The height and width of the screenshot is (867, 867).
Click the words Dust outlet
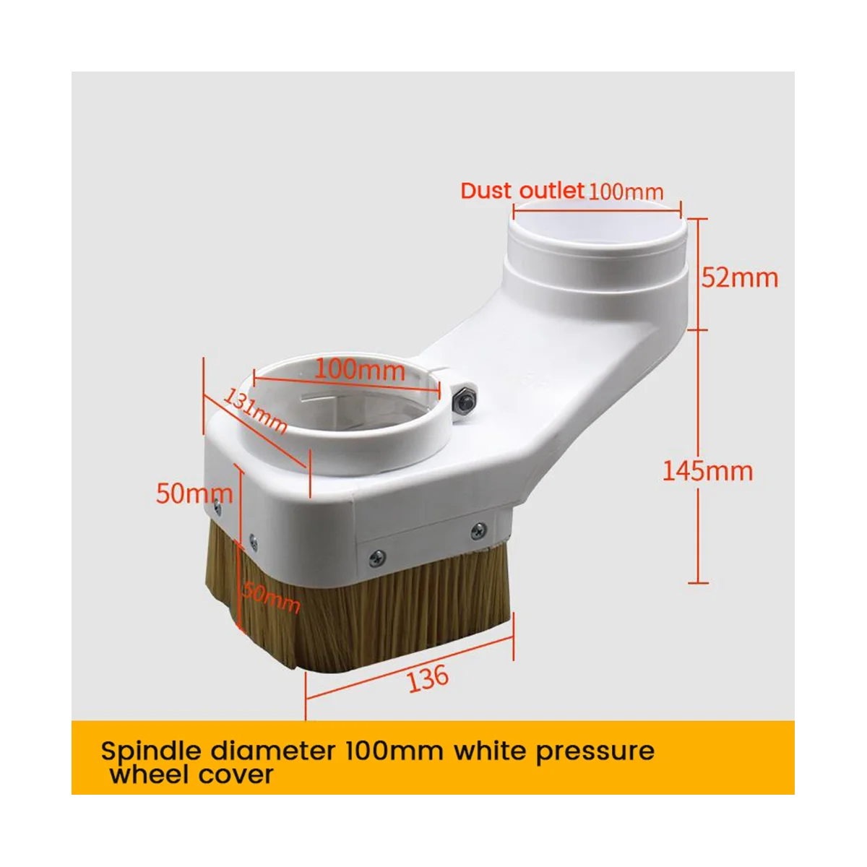click(522, 191)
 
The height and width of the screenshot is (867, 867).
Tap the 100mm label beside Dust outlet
click(626, 192)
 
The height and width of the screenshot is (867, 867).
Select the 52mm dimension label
click(740, 277)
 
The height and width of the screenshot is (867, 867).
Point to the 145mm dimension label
click(708, 472)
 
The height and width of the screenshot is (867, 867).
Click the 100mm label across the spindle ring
click(360, 371)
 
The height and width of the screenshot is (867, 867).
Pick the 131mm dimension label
click(255, 411)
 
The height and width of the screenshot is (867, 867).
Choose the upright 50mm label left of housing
click(194, 493)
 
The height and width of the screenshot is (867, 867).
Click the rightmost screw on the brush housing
click(478, 532)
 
